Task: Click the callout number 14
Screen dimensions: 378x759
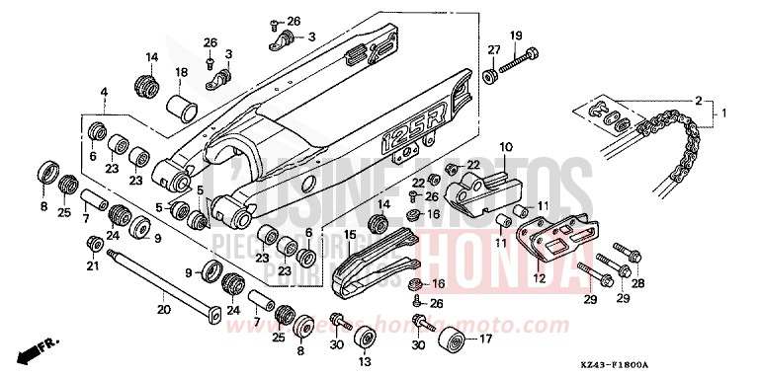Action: [x=152, y=56]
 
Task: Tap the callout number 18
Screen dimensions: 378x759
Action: [x=181, y=73]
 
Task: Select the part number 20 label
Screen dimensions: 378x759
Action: [x=164, y=309]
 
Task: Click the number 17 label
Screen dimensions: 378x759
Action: [x=486, y=340]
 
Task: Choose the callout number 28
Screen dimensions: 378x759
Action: [x=638, y=283]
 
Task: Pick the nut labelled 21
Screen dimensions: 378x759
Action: [x=95, y=244]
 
